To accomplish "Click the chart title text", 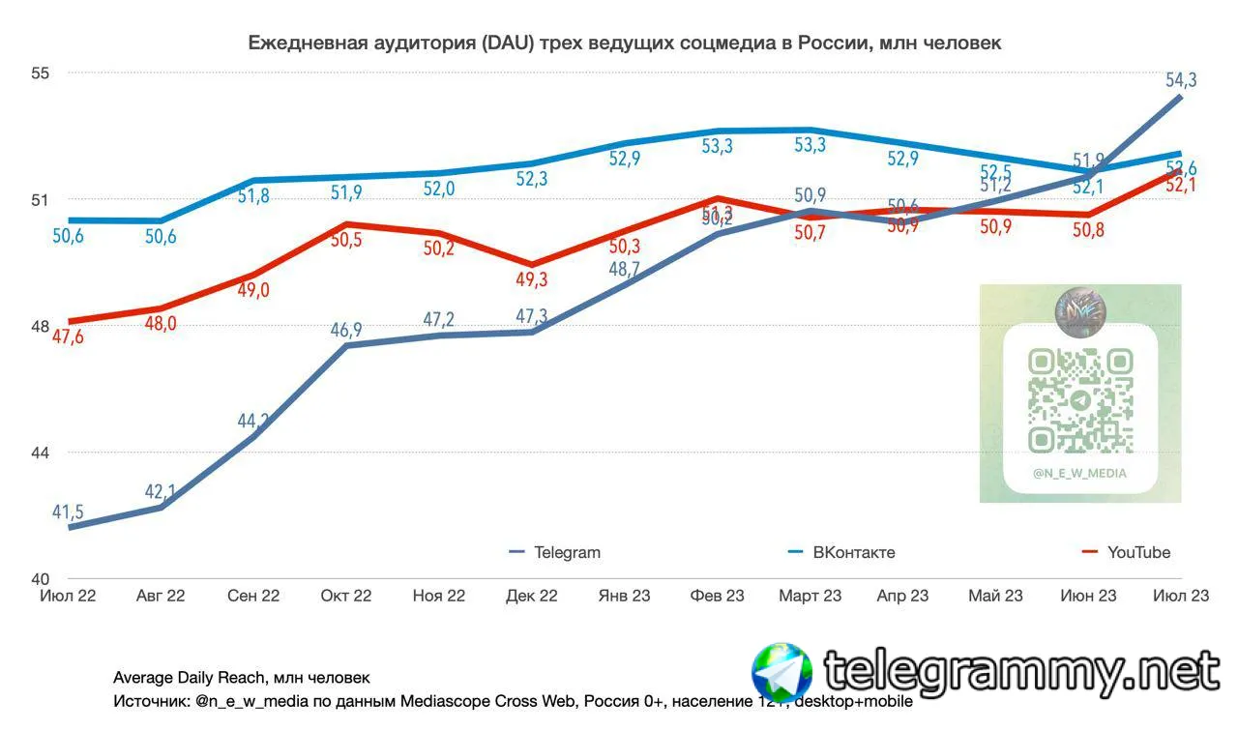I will pos(625,43).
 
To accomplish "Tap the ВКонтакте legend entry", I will pos(853,553).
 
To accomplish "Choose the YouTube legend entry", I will pos(1137,553).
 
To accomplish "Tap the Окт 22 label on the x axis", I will pos(346,596).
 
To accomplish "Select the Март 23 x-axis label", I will pos(811,596).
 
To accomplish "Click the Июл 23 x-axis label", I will pos(1182,596).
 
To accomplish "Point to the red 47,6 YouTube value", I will pos(67,337).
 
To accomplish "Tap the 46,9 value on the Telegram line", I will pos(346,330).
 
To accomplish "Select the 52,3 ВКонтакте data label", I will pos(532,179).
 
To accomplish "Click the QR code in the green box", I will pos(1080,400).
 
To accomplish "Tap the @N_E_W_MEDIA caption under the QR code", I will pos(1080,474).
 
